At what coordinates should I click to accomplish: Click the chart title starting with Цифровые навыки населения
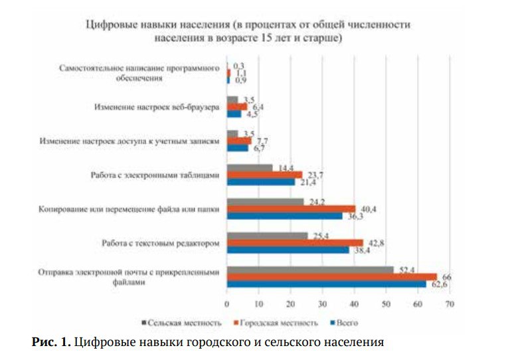coord(248,31)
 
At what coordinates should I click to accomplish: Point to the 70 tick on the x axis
coord(450,305)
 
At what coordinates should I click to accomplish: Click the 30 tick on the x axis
coord(322,305)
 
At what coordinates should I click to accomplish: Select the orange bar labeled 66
coord(331,276)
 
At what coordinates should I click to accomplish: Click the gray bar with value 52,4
coord(310,269)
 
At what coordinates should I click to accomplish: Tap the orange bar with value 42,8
coord(295,242)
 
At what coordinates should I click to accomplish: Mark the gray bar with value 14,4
coord(250,167)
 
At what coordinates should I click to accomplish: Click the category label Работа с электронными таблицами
coord(155,175)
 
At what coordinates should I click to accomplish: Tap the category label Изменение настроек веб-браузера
coord(156,107)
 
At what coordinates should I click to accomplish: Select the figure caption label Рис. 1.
coord(50,343)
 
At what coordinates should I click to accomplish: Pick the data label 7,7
coord(261,141)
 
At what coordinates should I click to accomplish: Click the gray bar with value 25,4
coord(267,235)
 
